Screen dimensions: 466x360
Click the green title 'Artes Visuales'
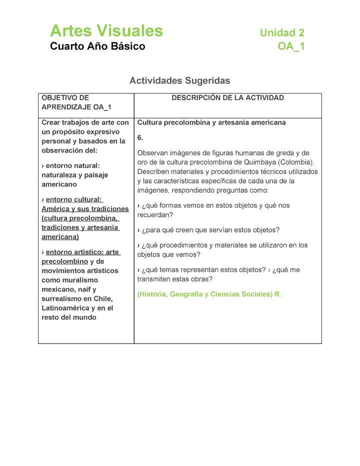pyautogui.click(x=106, y=31)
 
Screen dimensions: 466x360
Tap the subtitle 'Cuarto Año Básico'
pyautogui.click(x=97, y=46)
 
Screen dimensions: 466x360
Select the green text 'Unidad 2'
pyautogui.click(x=281, y=33)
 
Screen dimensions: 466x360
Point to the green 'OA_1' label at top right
pyautogui.click(x=291, y=47)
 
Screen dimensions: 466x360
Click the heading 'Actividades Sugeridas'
pyautogui.click(x=179, y=80)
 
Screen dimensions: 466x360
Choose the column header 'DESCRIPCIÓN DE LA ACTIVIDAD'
pyautogui.click(x=227, y=98)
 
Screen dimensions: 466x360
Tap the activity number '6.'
pyautogui.click(x=140, y=137)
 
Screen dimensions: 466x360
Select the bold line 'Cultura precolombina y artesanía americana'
pyautogui.click(x=211, y=122)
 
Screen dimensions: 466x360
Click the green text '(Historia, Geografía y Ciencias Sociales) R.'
pyautogui.click(x=209, y=294)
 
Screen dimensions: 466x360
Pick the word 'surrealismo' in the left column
pyautogui.click(x=61, y=299)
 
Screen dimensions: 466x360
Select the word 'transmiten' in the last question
pyautogui.click(x=155, y=279)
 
